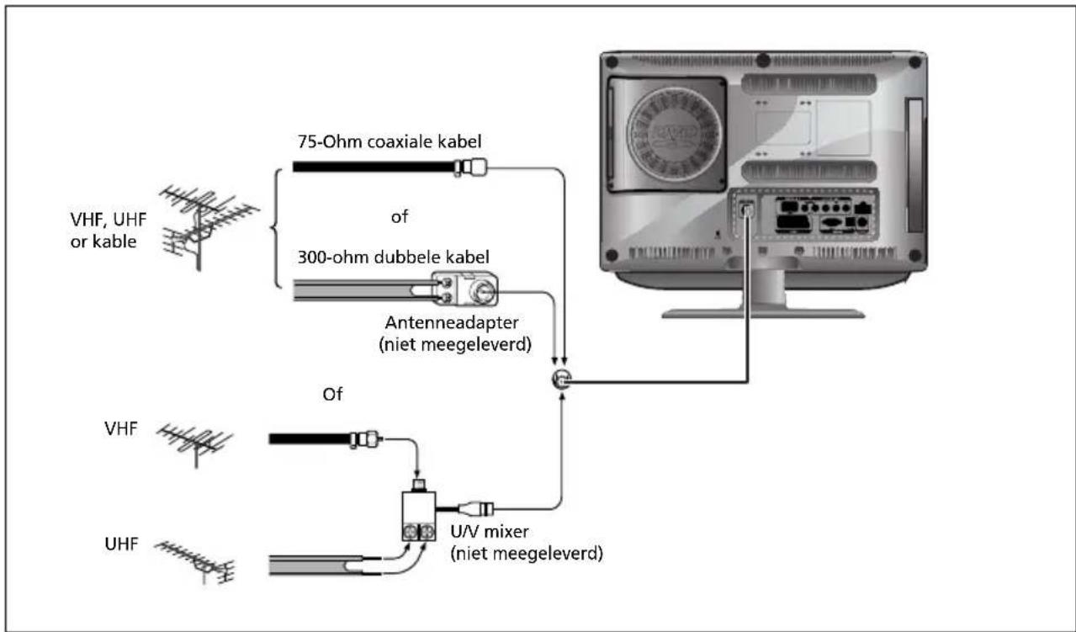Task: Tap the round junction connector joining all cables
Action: click(560, 380)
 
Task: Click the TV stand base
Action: click(762, 312)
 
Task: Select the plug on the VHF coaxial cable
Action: click(366, 438)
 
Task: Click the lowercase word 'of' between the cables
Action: click(400, 217)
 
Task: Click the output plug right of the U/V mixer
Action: click(477, 508)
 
